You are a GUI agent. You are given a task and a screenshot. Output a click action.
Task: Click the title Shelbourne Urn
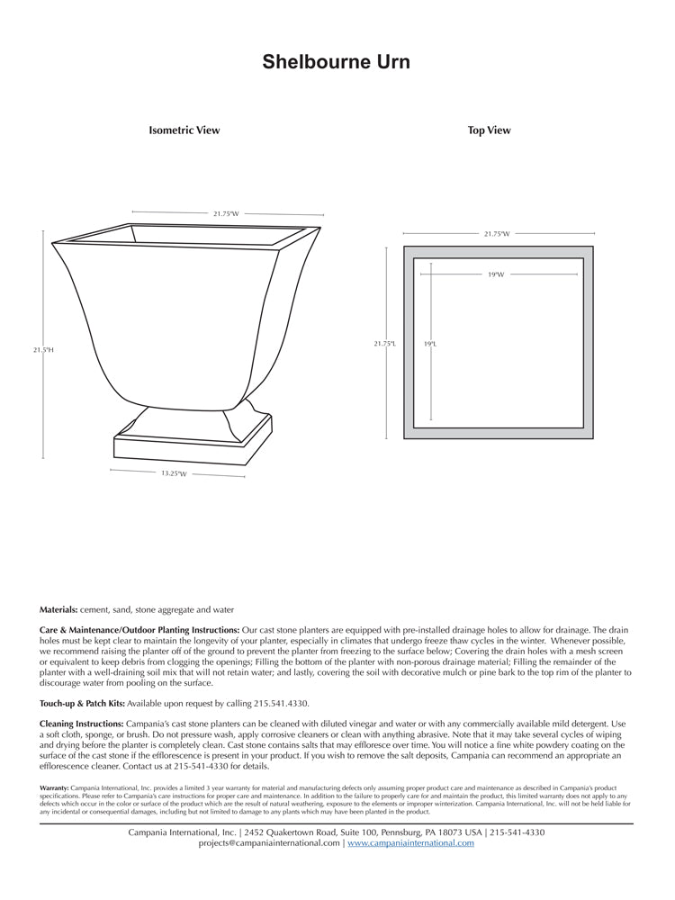337,62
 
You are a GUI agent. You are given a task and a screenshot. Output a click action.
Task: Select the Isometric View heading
184,130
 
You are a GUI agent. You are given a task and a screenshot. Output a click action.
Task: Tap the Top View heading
489,130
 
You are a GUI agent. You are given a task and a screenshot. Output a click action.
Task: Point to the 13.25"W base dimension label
174,473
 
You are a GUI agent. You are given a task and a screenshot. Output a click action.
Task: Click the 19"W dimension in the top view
496,274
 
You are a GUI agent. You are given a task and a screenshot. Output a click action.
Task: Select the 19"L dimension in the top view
430,343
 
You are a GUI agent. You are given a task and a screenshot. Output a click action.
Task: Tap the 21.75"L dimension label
385,343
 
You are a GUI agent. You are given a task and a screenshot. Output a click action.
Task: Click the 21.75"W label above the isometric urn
226,214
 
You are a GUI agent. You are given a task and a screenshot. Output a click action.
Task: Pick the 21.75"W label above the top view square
497,234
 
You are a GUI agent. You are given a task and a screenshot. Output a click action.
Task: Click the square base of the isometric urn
193,447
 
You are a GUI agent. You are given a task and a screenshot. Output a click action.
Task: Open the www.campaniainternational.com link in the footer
410,843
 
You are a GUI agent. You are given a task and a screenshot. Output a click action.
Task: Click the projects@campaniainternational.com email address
269,843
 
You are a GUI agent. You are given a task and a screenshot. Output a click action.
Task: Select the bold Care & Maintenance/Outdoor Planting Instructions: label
139,630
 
